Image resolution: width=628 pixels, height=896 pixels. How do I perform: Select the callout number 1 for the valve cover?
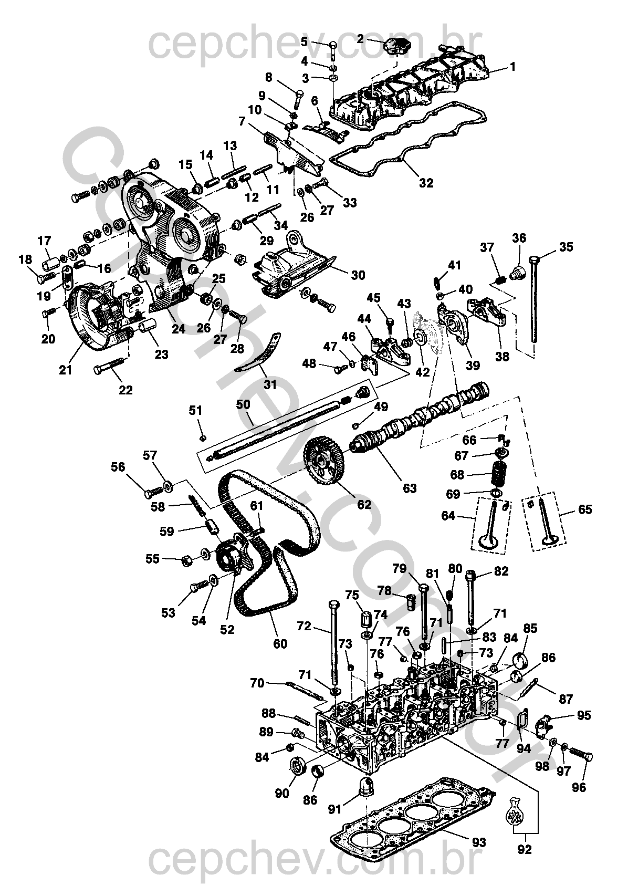coord(512,67)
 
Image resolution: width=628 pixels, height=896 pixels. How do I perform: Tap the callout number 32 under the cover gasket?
coord(426,183)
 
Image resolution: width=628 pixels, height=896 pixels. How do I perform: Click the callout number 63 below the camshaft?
coord(410,488)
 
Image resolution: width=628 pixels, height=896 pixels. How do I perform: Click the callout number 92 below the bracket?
coord(525,860)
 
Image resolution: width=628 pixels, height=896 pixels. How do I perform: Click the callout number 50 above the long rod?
coord(243,404)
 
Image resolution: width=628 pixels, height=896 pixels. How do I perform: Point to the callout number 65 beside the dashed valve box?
coord(585,509)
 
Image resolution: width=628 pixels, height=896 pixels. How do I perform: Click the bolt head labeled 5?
coord(333,45)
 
